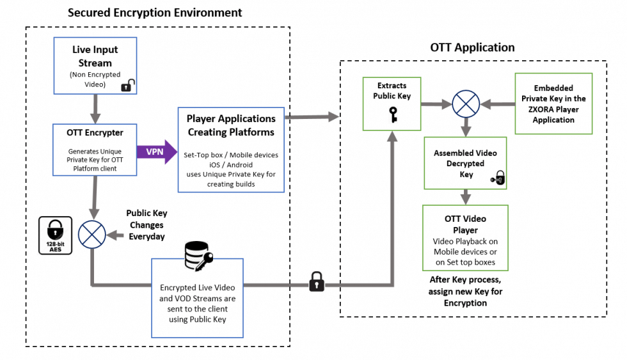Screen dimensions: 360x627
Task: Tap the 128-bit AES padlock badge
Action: (x=55, y=235)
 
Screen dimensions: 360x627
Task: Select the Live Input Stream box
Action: (x=95, y=64)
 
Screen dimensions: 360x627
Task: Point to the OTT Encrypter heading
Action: (x=95, y=133)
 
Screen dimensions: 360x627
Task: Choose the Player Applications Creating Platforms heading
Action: (x=231, y=125)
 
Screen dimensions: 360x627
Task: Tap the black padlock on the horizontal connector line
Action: (x=316, y=281)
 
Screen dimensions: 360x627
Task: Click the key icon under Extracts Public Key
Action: (x=393, y=113)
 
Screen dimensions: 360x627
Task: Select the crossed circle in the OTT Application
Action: (x=466, y=103)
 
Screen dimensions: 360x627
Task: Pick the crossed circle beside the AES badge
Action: (x=92, y=235)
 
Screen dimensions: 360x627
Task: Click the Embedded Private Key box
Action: (x=553, y=104)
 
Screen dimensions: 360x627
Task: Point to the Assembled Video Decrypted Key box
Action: (x=466, y=163)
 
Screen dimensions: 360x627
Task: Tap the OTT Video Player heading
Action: (x=466, y=224)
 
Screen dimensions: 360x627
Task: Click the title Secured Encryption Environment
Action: (x=155, y=12)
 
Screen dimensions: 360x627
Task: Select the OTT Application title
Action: (x=473, y=47)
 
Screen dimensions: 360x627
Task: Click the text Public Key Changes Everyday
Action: (x=146, y=225)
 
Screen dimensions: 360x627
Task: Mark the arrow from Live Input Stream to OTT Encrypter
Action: (x=95, y=108)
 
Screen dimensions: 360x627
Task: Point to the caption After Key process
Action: (x=465, y=281)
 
